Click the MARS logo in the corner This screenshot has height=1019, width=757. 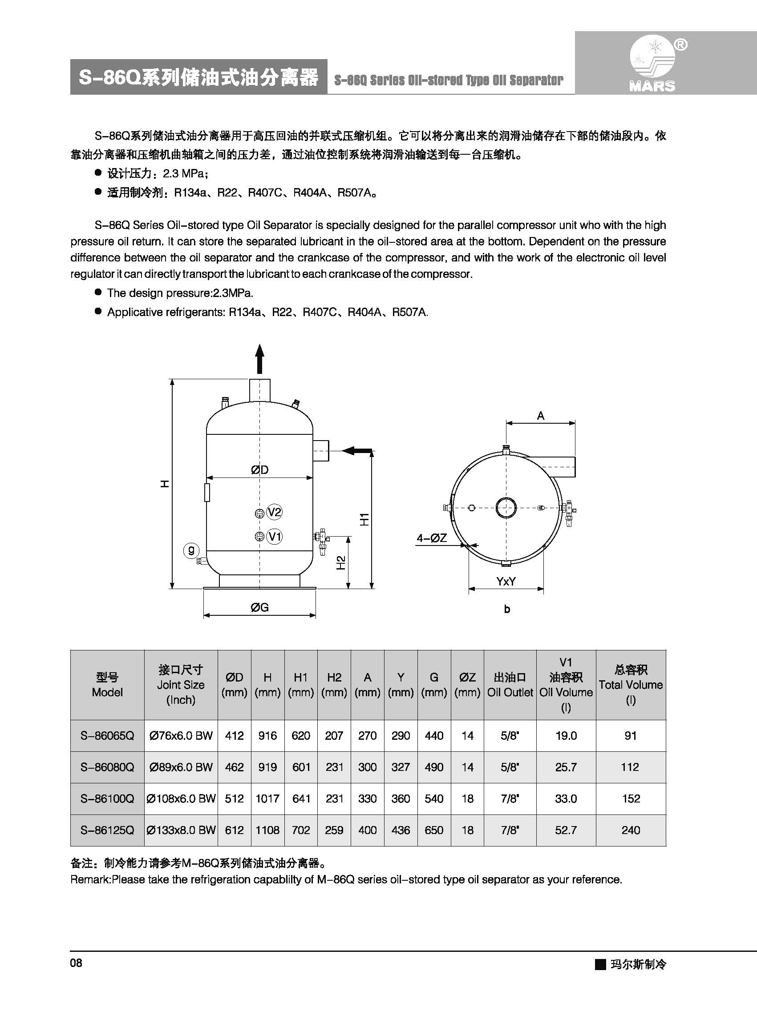tap(652, 64)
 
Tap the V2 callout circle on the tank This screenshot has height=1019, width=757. tap(274, 512)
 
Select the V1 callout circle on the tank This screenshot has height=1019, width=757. tap(274, 536)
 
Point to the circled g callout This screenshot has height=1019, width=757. tap(191, 550)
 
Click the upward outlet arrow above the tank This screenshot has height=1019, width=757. tap(260, 359)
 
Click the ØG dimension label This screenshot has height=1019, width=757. tap(259, 607)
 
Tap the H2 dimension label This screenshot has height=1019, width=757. tap(341, 562)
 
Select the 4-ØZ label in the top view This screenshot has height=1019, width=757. tap(431, 538)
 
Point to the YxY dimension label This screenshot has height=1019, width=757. tap(506, 582)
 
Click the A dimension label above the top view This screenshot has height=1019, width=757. tap(541, 416)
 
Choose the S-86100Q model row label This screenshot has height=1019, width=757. tap(107, 798)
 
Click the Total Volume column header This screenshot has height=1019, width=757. tap(631, 684)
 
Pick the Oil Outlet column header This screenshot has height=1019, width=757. tap(510, 685)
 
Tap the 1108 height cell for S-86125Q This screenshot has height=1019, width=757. tap(267, 830)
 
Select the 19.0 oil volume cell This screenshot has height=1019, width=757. tap(566, 736)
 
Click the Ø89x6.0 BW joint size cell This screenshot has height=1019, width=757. tap(181, 767)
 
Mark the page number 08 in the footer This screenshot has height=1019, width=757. tap(76, 963)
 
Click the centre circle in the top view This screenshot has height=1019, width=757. tap(506, 508)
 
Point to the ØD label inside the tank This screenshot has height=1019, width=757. tap(259, 469)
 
